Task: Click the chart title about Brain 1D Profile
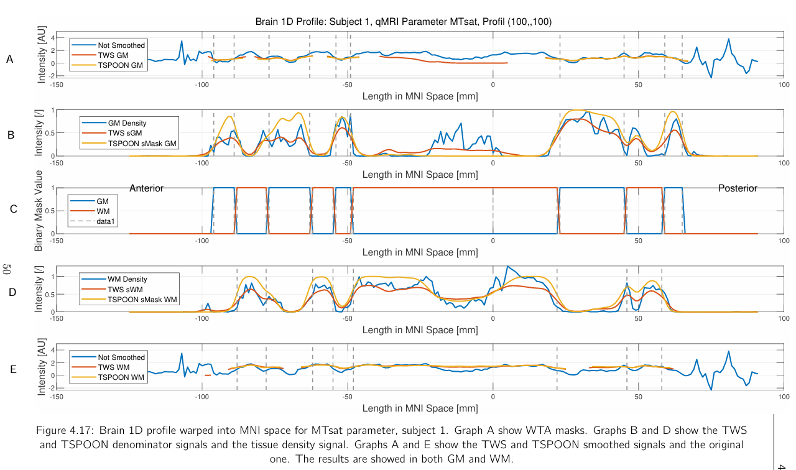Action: [404, 22]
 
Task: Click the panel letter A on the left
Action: [9, 60]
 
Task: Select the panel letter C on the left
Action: [13, 210]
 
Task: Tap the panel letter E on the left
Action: [13, 369]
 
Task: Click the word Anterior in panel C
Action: [146, 188]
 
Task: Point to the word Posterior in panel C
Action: [738, 188]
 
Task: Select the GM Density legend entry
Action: [127, 123]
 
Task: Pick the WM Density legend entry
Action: [127, 279]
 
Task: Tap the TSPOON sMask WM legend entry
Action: [142, 300]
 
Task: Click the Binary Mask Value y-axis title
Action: [39, 210]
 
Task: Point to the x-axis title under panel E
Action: [420, 408]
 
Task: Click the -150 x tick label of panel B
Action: [56, 163]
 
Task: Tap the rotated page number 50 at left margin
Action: [7, 270]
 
